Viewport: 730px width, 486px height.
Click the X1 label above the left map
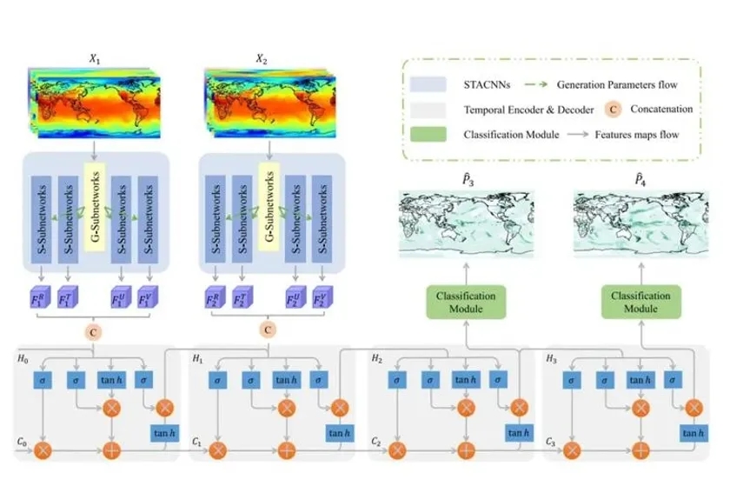(93, 59)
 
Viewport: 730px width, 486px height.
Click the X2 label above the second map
(262, 59)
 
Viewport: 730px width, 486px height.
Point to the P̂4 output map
(642, 225)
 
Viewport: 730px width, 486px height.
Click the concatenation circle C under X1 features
(93, 330)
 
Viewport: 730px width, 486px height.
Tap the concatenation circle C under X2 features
(269, 330)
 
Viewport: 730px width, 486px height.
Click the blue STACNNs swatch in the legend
(433, 84)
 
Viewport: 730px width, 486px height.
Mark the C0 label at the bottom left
(23, 441)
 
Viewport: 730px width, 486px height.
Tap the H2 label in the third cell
(375, 357)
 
